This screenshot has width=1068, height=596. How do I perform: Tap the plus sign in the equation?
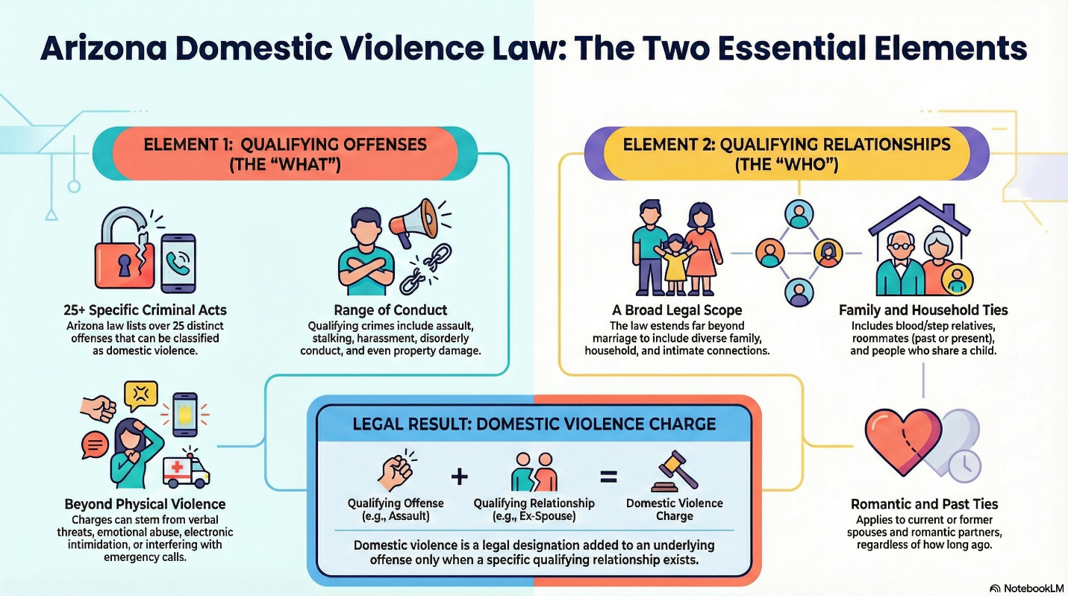(460, 477)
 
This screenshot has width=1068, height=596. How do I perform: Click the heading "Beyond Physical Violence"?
(145, 504)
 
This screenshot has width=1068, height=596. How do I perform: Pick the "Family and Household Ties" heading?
(923, 310)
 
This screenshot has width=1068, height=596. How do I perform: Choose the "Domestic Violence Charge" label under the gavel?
(674, 509)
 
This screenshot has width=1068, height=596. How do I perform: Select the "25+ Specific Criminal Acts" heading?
(146, 310)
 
